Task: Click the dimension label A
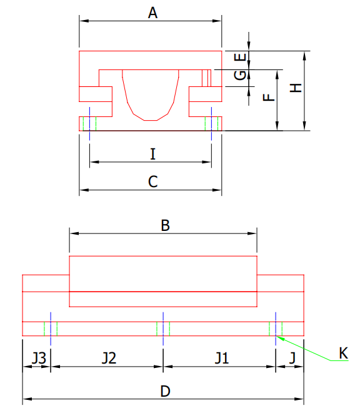tap(152, 12)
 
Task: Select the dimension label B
tap(165, 225)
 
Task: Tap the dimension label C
tap(152, 181)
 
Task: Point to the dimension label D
tap(165, 391)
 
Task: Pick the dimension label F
tap(267, 98)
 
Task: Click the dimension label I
tap(152, 153)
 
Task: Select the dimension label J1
tap(222, 358)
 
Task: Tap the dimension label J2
tap(109, 358)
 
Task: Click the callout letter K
tap(343, 354)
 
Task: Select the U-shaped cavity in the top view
tap(151, 94)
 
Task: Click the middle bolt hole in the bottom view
tap(162, 328)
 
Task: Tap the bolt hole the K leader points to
tap(275, 328)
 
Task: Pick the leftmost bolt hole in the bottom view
tap(50, 328)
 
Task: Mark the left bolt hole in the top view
tap(89, 123)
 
